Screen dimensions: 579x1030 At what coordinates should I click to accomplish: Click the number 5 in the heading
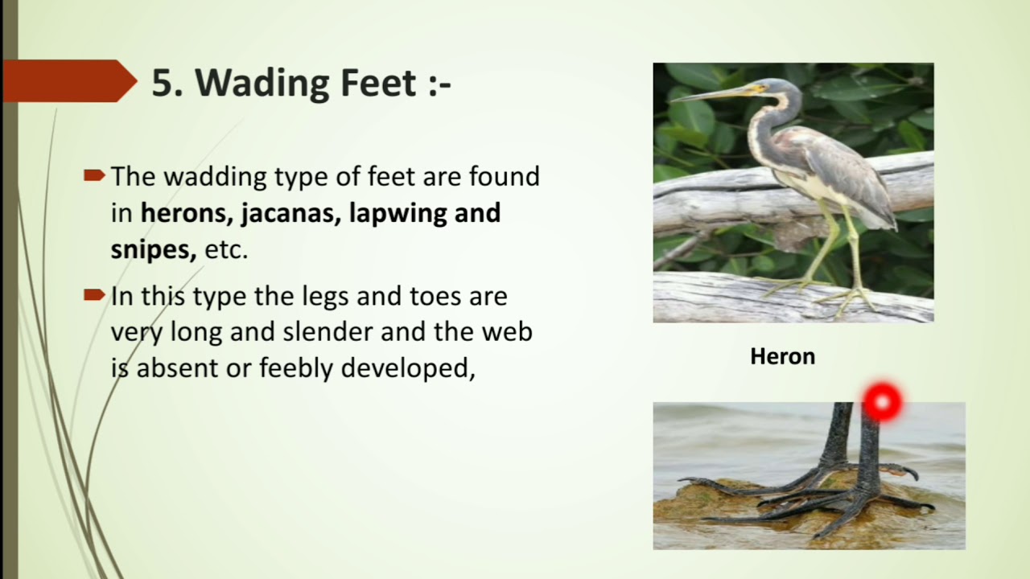(163, 83)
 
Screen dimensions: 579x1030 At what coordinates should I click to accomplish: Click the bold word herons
(176, 213)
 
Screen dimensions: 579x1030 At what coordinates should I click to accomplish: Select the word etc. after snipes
(226, 250)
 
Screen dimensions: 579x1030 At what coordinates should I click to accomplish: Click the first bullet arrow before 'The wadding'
(94, 175)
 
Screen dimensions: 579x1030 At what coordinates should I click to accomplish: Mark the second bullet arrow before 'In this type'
(94, 294)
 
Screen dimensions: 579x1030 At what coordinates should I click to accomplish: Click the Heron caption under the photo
(782, 356)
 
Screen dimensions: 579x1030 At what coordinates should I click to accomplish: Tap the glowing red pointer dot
(882, 401)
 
